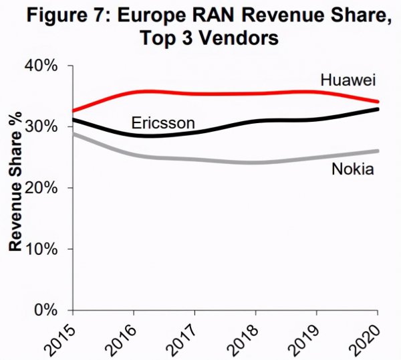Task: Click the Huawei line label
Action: (349, 81)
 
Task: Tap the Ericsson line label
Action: (163, 122)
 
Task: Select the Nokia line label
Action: (352, 169)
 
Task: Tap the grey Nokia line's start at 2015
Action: (74, 134)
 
